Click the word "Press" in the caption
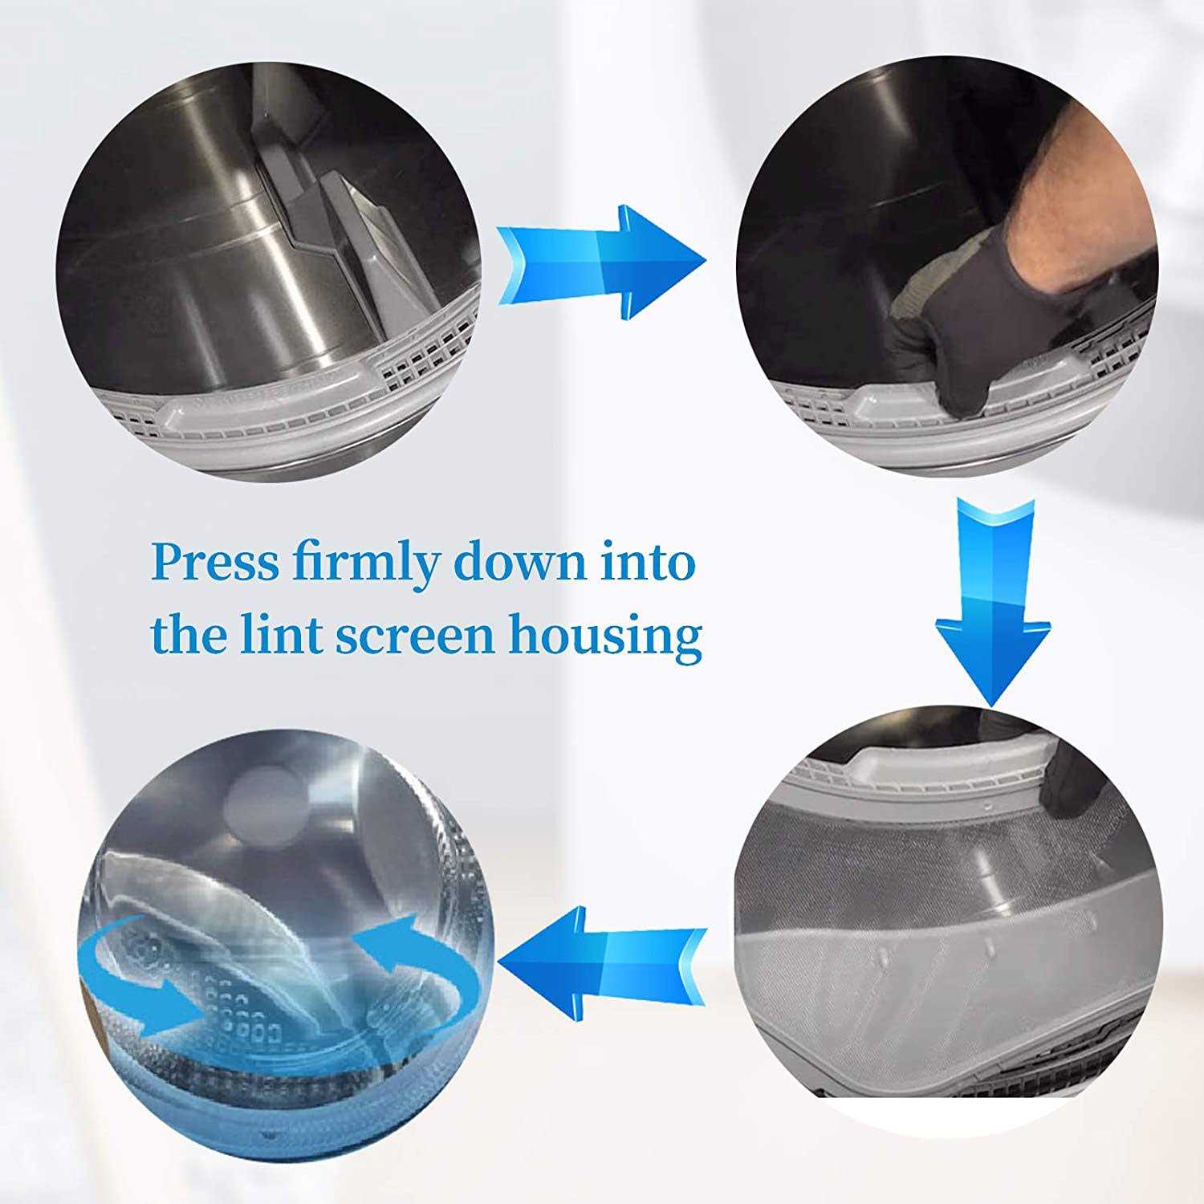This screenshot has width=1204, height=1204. coord(216,563)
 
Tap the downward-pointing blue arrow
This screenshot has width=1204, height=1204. coord(993,601)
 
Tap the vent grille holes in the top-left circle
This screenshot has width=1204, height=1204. coord(417,361)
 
